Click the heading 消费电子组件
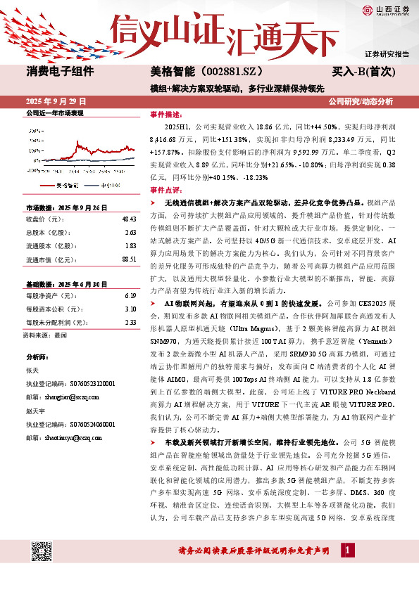coord(60,72)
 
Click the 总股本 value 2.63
coord(130,232)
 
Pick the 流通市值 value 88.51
coord(129,259)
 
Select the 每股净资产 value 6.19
coord(130,296)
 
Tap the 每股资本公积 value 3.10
coord(130,309)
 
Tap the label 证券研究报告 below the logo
coord(387,54)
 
